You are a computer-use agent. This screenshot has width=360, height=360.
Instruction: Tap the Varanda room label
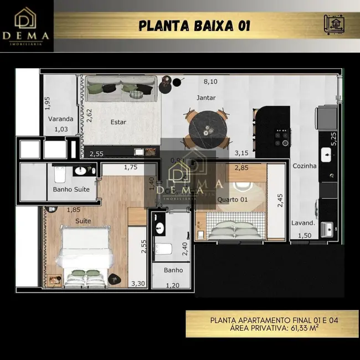point(60,119)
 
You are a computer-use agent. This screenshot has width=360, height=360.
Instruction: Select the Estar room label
point(118,122)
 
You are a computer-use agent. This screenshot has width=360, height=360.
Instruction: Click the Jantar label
point(206,98)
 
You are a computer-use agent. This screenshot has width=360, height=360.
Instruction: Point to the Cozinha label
point(305,166)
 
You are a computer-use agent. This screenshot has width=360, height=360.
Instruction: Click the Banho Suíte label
point(71,190)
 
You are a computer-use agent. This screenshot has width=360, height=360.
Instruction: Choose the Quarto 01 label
point(232,199)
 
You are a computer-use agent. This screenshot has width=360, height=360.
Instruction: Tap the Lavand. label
point(303,223)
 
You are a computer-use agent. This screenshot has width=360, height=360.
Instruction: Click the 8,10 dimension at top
point(210,82)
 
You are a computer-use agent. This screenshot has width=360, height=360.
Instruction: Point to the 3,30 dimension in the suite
point(137,284)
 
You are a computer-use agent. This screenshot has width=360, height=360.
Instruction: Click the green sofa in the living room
point(120,89)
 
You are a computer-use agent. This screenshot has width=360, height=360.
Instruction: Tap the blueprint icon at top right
point(333,25)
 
